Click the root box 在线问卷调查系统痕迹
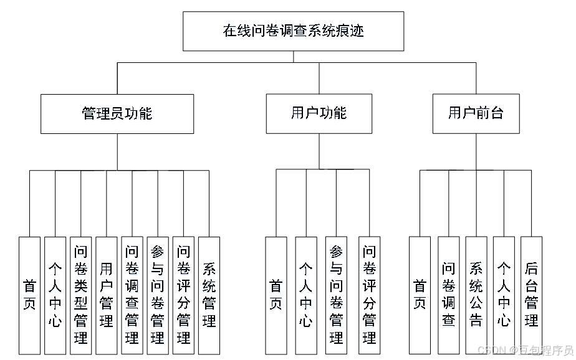pyautogui.click(x=293, y=31)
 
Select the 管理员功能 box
pyautogui.click(x=117, y=114)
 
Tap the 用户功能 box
pyautogui.click(x=319, y=114)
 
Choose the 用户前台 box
pyautogui.click(x=476, y=113)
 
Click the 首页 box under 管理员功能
pyautogui.click(x=29, y=295)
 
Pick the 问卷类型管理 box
pyautogui.click(x=80, y=295)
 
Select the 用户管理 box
pyautogui.click(x=106, y=295)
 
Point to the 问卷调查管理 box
pyautogui.click(x=132, y=295)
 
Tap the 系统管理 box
pyautogui.click(x=209, y=295)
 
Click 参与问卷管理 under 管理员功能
pyautogui.click(x=157, y=295)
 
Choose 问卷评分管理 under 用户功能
pyautogui.click(x=369, y=295)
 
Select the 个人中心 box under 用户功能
pyautogui.click(x=305, y=295)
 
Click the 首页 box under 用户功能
pyautogui.click(x=276, y=295)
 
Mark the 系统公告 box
pyautogui.click(x=476, y=295)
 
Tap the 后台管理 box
pyautogui.click(x=531, y=295)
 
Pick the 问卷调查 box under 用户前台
pyautogui.click(x=448, y=295)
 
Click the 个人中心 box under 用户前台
pyautogui.click(x=504, y=295)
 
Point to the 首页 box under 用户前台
pyautogui.click(x=420, y=295)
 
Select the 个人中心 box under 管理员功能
pyautogui.click(x=55, y=295)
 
